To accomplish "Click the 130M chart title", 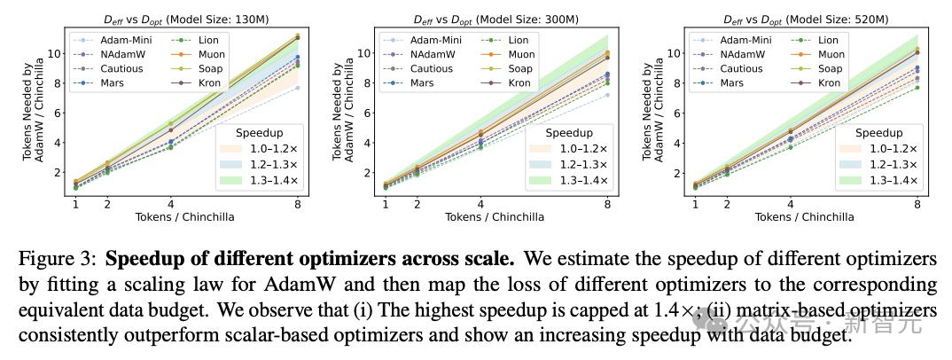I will [172, 19].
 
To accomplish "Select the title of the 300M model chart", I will [481, 19].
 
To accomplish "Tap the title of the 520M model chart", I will [791, 19].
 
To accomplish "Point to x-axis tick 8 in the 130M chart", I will [298, 205].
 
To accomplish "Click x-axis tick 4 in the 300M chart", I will [480, 205].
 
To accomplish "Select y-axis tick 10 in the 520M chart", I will [678, 53].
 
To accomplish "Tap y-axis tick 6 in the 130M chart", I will [62, 113].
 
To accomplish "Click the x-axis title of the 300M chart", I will [494, 216].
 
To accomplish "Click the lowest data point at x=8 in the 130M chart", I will [298, 87].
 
